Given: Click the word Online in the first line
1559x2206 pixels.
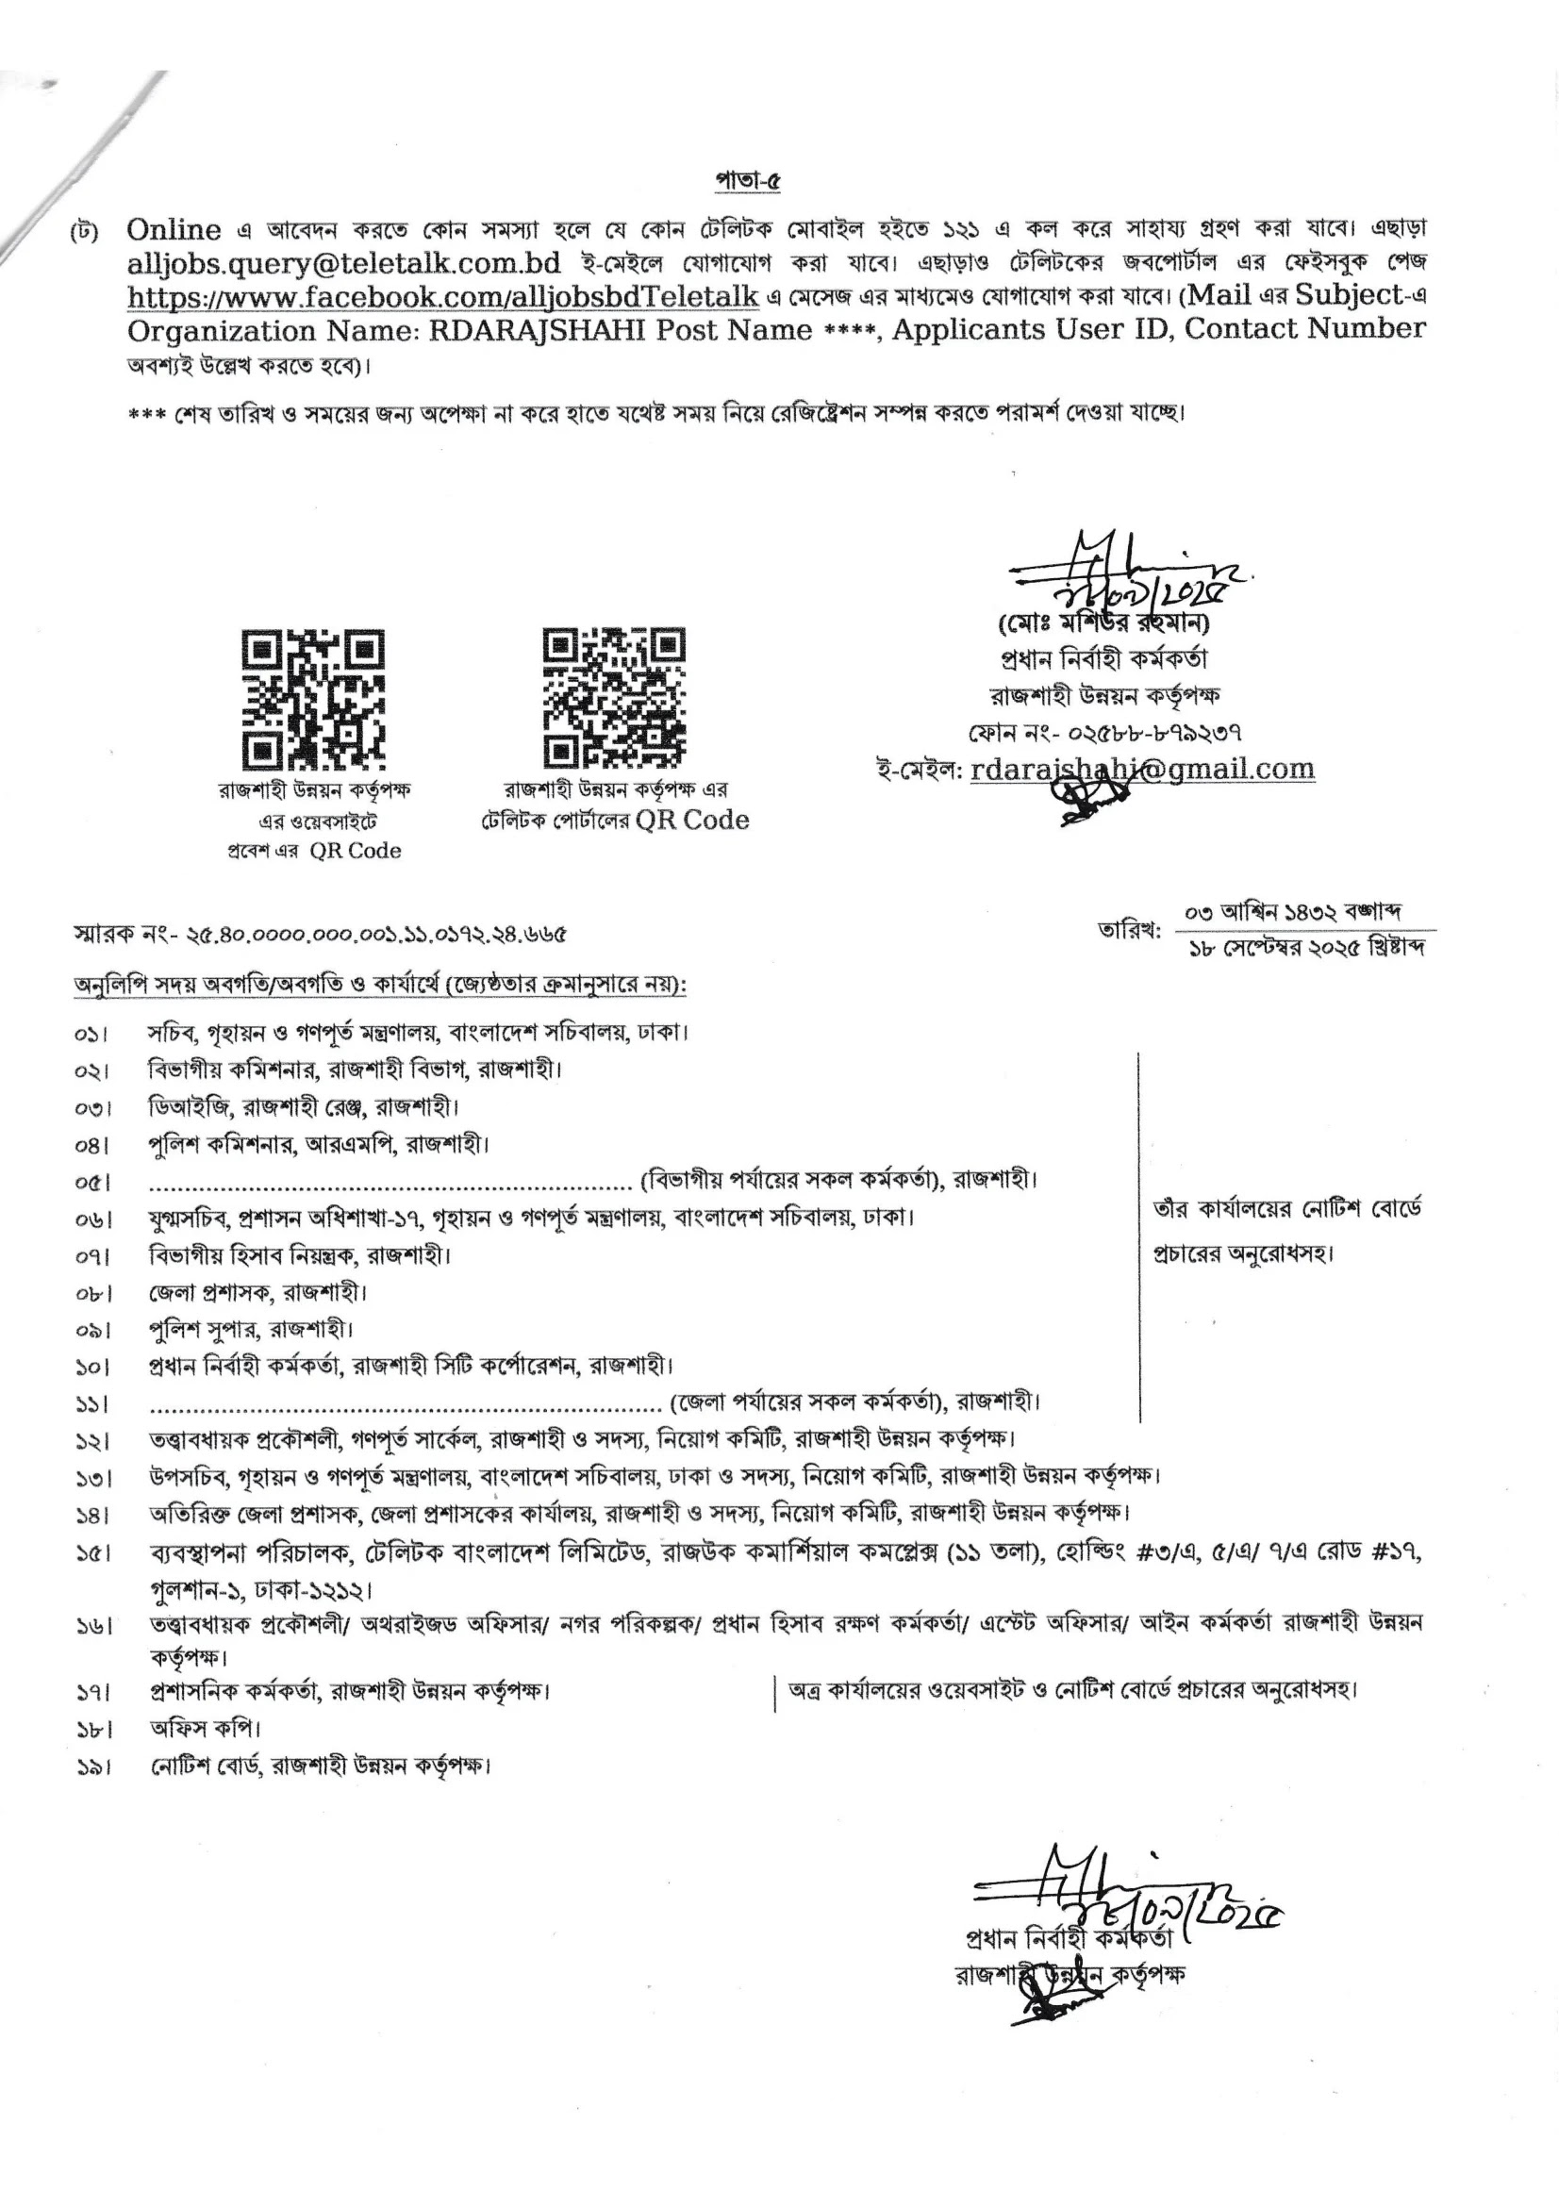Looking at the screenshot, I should pyautogui.click(x=173, y=229).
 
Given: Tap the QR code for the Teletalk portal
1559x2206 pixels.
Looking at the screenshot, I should pyautogui.click(x=615, y=697).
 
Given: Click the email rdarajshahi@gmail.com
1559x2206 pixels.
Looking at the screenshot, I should pyautogui.click(x=1142, y=770).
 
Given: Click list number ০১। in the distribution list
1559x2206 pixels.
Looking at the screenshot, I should pyautogui.click(x=91, y=1035).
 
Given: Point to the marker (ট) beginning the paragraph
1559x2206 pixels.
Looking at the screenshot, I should pyautogui.click(x=84, y=233).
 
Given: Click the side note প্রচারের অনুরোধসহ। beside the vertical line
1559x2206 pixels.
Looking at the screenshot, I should pyautogui.click(x=1243, y=1253).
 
